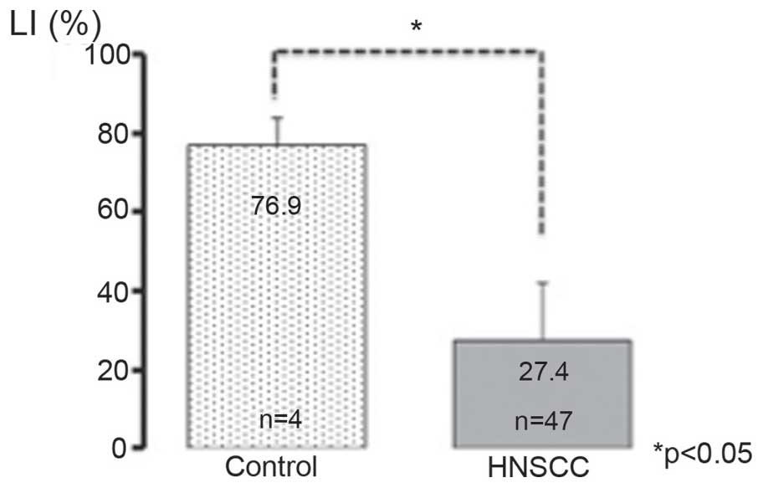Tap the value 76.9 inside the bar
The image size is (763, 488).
coord(276,206)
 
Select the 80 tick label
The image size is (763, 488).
coord(115,134)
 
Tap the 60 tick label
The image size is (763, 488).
coord(115,212)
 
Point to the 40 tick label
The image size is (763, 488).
coord(115,291)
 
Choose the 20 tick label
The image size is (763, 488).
coord(115,369)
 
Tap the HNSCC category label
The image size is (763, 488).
coord(544,468)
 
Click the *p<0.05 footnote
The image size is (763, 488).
coord(707,453)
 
